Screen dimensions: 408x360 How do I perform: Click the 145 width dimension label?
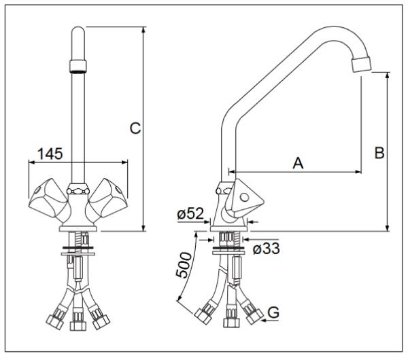coord(50,154)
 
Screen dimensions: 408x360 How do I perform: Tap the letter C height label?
coord(135,128)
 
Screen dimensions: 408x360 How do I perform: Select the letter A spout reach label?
coord(299,163)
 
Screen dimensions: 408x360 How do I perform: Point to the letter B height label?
coord(379,153)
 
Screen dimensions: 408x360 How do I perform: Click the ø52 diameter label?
coord(190,214)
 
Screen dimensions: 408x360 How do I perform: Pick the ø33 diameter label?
coord(266,249)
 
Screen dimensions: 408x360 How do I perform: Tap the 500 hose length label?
coord(183,265)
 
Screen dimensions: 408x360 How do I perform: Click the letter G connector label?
coord(273,312)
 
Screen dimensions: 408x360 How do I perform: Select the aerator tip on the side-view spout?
coord(361,64)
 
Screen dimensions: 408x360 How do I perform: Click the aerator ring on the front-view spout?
coord(78,66)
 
